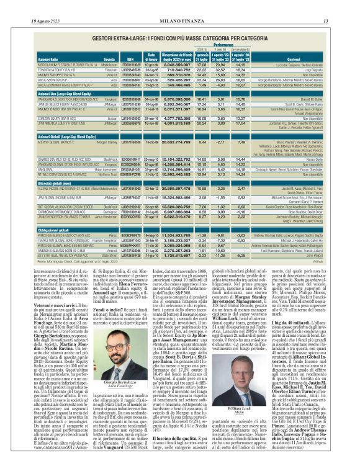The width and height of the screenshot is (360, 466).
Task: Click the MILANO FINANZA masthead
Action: [x=180, y=5]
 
